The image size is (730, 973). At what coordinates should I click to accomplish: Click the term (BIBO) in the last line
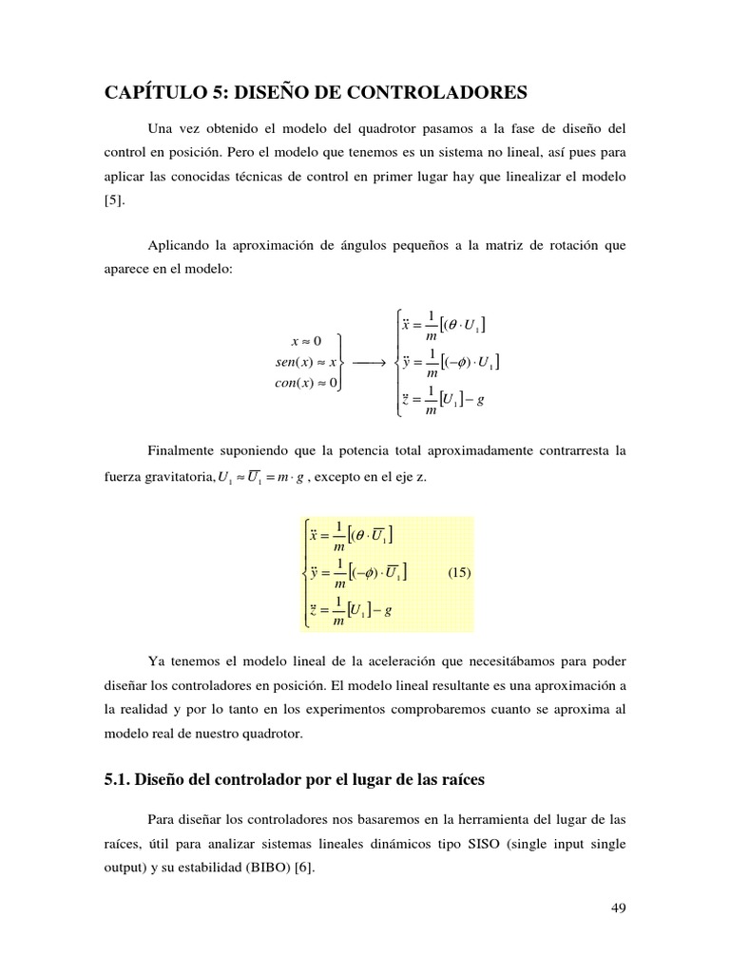coord(278,868)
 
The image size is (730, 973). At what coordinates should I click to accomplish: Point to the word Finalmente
coord(184,450)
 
